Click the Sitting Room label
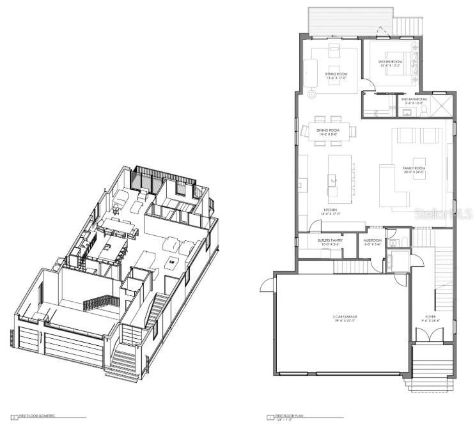(x=336, y=75)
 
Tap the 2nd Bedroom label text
(x=389, y=63)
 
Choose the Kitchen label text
(x=331, y=212)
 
